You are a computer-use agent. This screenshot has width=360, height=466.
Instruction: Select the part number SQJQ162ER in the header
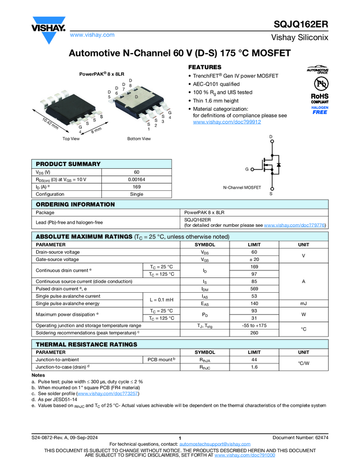pos(301,25)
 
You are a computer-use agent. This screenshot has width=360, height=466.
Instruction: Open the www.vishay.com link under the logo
pos(92,35)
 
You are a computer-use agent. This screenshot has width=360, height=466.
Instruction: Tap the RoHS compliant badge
pos(319,98)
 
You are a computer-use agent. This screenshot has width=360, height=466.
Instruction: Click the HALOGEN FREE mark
pos(320,110)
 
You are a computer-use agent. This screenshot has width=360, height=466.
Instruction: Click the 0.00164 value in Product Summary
pos(136,179)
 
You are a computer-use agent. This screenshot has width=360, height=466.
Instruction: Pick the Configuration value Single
pos(136,194)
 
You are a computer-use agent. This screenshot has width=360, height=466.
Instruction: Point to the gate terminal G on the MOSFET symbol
pos(247,169)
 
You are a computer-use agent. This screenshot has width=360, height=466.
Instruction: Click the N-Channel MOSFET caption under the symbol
pos(242,187)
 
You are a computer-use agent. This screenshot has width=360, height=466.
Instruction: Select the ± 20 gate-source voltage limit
pos(254,259)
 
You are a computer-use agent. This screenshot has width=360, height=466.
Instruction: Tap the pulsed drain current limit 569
pos(254,288)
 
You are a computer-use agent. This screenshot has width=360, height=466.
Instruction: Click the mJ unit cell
pos(303,303)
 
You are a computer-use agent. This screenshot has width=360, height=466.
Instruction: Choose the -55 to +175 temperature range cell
pos(254,325)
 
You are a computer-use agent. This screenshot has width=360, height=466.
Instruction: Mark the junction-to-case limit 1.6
pos(254,367)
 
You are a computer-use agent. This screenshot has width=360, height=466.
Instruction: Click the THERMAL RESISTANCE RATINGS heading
pos(87,344)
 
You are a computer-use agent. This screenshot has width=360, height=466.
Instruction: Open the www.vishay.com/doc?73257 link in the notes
pos(108,394)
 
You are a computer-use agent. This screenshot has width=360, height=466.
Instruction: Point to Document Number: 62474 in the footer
pos(300,437)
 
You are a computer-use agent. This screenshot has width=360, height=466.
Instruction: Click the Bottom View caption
pos(139,139)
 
